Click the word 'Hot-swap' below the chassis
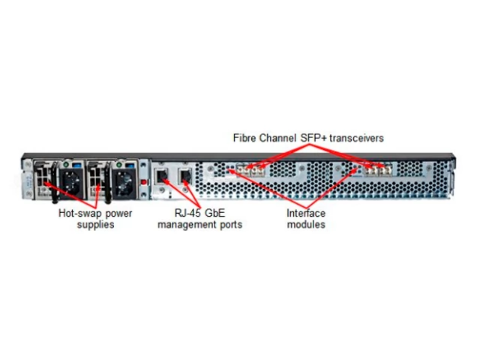[x=78, y=213]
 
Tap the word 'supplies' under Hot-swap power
[x=95, y=224]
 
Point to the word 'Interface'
[x=306, y=213]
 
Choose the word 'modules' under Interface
[x=306, y=224]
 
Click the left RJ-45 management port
[x=161, y=178]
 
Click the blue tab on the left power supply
[x=78, y=162]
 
